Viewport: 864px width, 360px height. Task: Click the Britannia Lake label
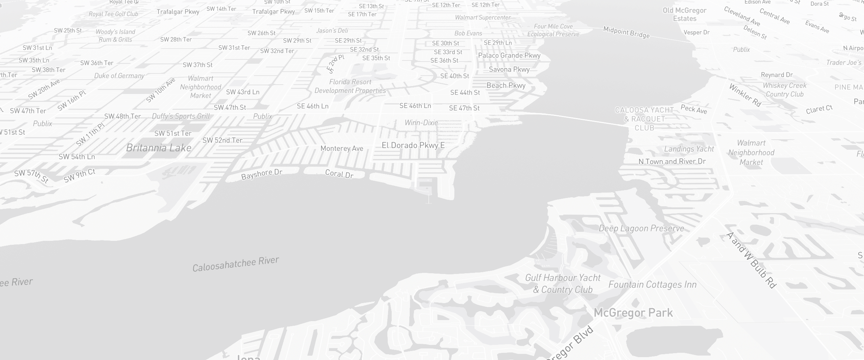click(159, 148)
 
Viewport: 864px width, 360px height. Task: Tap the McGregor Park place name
click(633, 312)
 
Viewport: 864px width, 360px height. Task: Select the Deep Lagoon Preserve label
click(641, 228)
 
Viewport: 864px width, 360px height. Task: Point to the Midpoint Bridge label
click(626, 32)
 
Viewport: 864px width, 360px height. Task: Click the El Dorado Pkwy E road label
click(413, 145)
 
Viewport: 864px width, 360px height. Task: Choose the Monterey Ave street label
click(342, 148)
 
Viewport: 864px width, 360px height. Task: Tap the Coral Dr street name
click(339, 174)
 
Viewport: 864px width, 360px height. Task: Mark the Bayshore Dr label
click(262, 174)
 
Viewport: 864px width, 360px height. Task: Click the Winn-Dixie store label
click(421, 123)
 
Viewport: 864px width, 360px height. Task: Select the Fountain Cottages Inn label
click(652, 284)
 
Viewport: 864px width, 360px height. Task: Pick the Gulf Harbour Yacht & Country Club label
click(563, 284)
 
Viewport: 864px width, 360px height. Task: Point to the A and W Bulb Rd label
click(751, 260)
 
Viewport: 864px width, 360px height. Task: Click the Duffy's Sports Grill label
click(181, 116)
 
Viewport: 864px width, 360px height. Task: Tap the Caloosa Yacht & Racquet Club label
click(644, 119)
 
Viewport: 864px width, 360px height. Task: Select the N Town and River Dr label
click(672, 162)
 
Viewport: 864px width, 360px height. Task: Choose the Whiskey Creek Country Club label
click(785, 90)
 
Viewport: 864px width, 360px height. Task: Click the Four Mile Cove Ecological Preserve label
click(553, 30)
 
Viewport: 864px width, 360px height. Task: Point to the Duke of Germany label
click(119, 76)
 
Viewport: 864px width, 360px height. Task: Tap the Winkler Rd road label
click(745, 95)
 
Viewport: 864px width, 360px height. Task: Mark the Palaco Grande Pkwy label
click(509, 55)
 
